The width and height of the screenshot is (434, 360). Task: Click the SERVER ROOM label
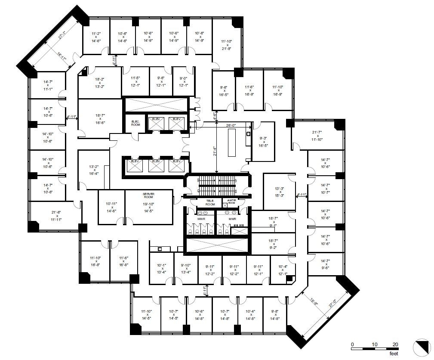[x=149, y=196]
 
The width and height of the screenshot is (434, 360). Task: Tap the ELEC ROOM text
[x=136, y=123]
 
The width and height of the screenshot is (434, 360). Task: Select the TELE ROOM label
[x=210, y=202]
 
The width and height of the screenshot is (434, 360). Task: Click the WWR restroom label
[x=202, y=219]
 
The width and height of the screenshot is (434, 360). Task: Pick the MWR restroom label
[x=232, y=219]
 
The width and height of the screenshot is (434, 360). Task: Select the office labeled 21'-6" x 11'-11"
[x=57, y=216]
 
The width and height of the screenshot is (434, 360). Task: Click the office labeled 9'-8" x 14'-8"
[x=275, y=315]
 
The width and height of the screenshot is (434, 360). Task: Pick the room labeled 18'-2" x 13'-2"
[x=100, y=82]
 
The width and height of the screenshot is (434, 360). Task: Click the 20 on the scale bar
[x=395, y=344]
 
